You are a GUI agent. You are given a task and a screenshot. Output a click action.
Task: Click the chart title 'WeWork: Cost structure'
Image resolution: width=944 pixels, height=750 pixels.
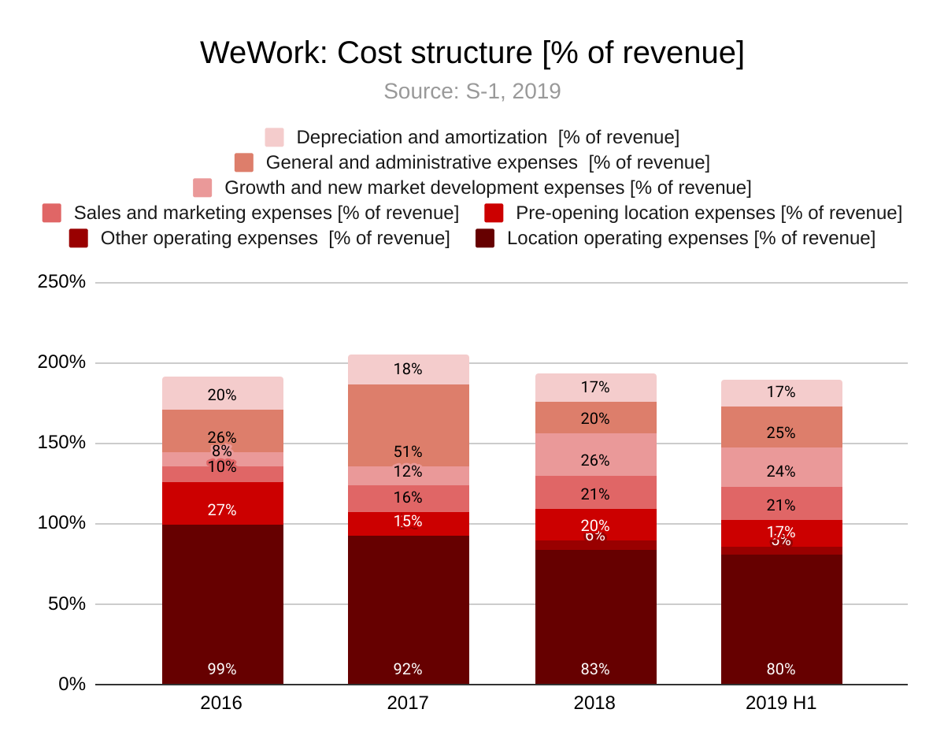(x=472, y=54)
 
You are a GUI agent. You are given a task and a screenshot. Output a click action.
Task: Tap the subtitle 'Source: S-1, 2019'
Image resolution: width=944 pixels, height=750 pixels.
(x=472, y=91)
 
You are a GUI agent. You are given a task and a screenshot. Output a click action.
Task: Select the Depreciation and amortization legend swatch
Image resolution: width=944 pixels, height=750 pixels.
(x=274, y=137)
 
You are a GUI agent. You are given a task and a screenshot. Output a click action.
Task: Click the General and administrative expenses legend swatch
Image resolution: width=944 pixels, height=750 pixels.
(x=244, y=162)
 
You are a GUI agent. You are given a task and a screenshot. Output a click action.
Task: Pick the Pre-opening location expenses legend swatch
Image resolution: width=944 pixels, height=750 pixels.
(x=494, y=213)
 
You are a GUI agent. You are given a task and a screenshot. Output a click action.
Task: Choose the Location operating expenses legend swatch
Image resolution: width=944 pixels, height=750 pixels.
(x=485, y=238)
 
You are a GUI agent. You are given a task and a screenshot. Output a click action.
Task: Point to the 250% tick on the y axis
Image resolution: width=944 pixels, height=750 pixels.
(x=61, y=281)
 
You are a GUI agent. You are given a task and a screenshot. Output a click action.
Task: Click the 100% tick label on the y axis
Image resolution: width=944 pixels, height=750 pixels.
(x=61, y=523)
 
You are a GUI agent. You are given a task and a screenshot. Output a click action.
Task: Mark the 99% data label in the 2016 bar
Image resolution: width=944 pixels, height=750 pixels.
(x=222, y=670)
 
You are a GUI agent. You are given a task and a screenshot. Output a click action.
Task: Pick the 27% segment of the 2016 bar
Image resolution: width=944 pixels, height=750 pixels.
(x=222, y=503)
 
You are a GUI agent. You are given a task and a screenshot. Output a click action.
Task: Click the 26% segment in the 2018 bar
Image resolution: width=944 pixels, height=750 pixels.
(x=595, y=455)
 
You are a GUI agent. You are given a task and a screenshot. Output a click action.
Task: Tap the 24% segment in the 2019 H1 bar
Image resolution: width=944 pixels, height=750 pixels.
(x=781, y=467)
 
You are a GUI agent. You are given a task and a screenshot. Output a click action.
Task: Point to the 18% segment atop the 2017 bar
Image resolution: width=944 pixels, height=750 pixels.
(x=408, y=369)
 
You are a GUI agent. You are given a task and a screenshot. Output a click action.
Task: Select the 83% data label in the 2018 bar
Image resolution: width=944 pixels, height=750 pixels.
(x=595, y=670)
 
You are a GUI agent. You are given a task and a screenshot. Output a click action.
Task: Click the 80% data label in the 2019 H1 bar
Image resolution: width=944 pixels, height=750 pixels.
(x=781, y=670)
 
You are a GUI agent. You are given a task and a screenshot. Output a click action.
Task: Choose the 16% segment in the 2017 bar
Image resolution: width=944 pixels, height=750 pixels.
(x=408, y=499)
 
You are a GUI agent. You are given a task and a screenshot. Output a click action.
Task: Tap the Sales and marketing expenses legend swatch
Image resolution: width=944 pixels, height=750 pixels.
(x=52, y=213)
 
